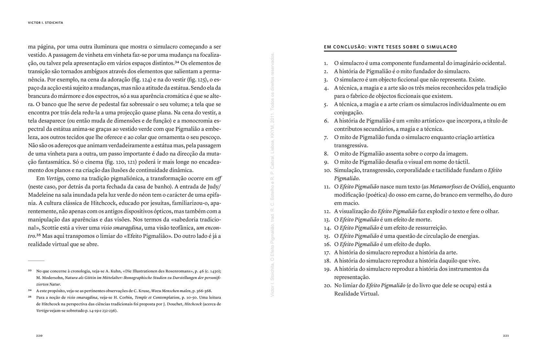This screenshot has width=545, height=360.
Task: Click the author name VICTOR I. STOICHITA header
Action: coord(45,23)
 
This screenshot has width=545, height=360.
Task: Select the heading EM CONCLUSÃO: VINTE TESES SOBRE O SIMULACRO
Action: coord(390,47)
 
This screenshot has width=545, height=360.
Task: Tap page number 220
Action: coord(39,335)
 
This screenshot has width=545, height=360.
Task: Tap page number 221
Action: coord(506,335)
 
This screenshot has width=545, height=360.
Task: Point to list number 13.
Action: coord(326,220)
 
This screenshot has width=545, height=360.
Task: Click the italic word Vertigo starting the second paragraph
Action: coord(55,179)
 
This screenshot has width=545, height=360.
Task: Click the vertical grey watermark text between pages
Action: coord(272,175)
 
